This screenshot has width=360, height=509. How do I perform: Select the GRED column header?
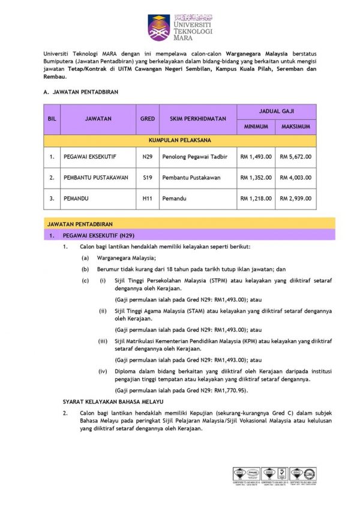[147, 119]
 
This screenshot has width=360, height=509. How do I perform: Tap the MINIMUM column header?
[256, 127]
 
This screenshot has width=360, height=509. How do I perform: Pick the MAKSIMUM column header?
[296, 127]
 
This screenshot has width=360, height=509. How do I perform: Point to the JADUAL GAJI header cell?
[276, 111]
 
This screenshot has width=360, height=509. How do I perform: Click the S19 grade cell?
[147, 178]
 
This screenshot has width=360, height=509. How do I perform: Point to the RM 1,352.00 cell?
[256, 178]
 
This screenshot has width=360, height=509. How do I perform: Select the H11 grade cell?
[147, 199]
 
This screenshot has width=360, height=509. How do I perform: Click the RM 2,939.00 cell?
[296, 199]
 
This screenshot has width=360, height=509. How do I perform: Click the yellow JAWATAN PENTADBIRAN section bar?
[180, 224]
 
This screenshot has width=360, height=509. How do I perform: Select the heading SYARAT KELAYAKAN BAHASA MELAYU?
[113, 400]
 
